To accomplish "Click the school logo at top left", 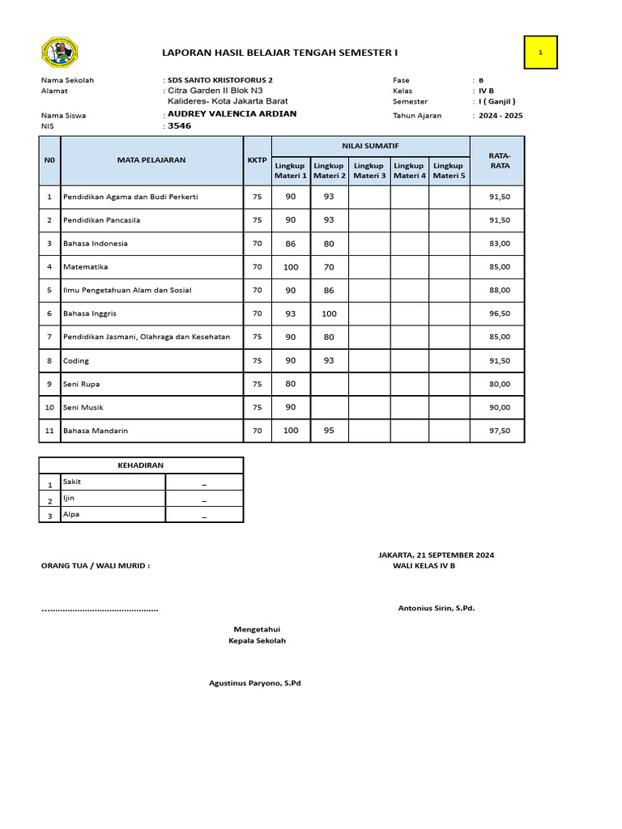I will pyautogui.click(x=58, y=53).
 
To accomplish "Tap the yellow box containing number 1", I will pyautogui.click(x=540, y=53).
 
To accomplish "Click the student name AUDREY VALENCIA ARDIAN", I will pyautogui.click(x=232, y=114).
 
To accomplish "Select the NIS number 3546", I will pyautogui.click(x=179, y=126).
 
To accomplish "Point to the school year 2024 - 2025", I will pyautogui.click(x=501, y=116).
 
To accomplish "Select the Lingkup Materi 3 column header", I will pyautogui.click(x=369, y=170).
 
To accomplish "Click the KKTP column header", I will pyautogui.click(x=257, y=160).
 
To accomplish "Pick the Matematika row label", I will pyautogui.click(x=85, y=266).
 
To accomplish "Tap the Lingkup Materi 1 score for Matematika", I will pyautogui.click(x=290, y=266).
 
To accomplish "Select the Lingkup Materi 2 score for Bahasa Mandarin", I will pyautogui.click(x=329, y=431).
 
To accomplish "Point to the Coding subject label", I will pyautogui.click(x=76, y=360).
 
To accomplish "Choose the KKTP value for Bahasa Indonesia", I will pyautogui.click(x=257, y=243).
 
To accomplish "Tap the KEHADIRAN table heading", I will pyautogui.click(x=141, y=466).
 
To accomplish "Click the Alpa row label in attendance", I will pyautogui.click(x=71, y=513).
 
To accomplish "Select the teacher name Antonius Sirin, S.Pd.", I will pyautogui.click(x=436, y=608).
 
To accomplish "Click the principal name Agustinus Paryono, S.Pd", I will pyautogui.click(x=254, y=683).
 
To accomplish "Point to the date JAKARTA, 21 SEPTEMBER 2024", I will pyautogui.click(x=436, y=555).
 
